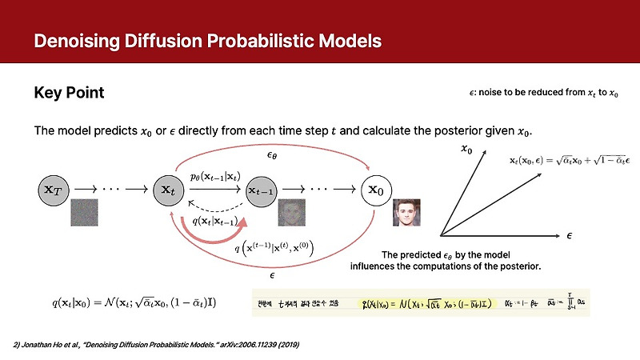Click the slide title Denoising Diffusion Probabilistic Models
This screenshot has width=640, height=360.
point(207,39)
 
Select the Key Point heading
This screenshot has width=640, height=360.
point(68,93)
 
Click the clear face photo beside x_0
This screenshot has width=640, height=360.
point(406,213)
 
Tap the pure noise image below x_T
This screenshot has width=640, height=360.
point(85,213)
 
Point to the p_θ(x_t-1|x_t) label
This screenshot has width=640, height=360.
point(218,175)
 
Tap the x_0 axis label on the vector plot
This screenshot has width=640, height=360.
point(466,150)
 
